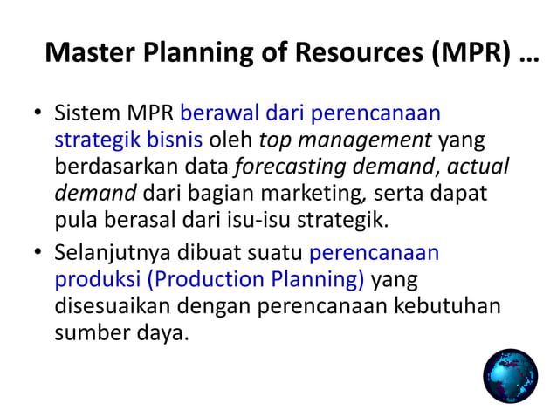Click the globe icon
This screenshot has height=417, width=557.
tap(511, 376)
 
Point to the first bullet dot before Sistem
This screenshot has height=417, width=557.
tap(38, 114)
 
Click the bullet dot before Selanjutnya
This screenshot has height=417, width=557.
tap(38, 254)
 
